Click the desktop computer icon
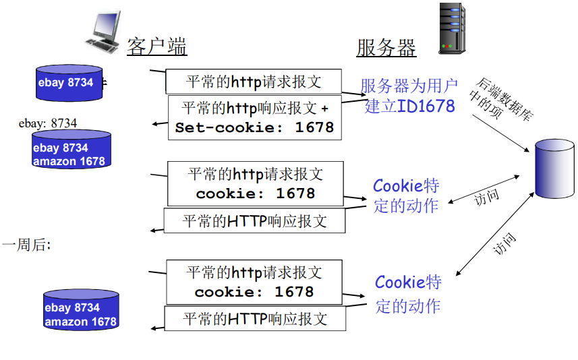tap(104, 31)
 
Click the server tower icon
tap(453, 28)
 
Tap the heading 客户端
tap(156, 47)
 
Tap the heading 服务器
tap(386, 48)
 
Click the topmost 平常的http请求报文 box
tap(254, 82)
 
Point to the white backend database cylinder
tap(554, 169)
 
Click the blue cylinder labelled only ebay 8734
tap(68, 83)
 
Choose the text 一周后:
tap(26, 245)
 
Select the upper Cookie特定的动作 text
tap(406, 195)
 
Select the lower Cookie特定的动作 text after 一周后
tap(407, 293)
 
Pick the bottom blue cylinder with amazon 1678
tap(81, 311)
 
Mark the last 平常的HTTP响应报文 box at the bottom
tap(255, 318)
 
